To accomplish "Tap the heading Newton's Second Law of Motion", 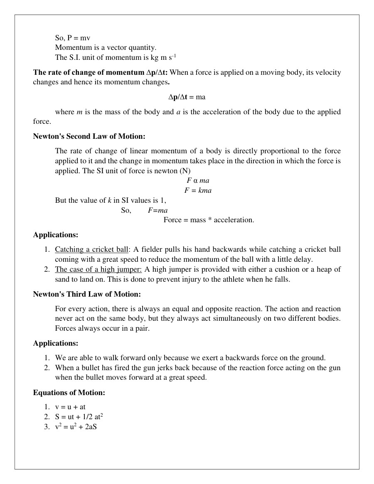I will pyautogui.click(x=89, y=136).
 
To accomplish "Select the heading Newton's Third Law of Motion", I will pyautogui.click(x=87, y=294).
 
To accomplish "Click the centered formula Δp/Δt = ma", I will pyautogui.click(x=187, y=97).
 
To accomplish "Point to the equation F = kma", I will pyautogui.click(x=198, y=190).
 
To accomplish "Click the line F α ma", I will pyautogui.click(x=198, y=180).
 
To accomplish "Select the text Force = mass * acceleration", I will pyautogui.click(x=209, y=220).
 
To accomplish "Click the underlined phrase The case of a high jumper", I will pyautogui.click(x=98, y=269).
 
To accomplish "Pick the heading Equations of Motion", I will pyautogui.click(x=69, y=393).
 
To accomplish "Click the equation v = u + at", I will pyautogui.click(x=70, y=407).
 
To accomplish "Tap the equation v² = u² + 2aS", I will pyautogui.click(x=76, y=427).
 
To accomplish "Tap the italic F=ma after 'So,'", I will pyautogui.click(x=157, y=210).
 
